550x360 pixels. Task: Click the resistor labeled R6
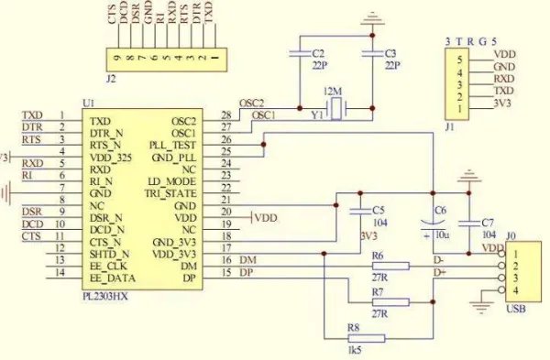(x=390, y=267)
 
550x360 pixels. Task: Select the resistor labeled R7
(x=390, y=300)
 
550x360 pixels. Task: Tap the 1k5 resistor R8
(x=367, y=337)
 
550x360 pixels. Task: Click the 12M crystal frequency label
(x=333, y=94)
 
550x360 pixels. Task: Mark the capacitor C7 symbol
(x=470, y=223)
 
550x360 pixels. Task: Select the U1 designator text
(x=89, y=104)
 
